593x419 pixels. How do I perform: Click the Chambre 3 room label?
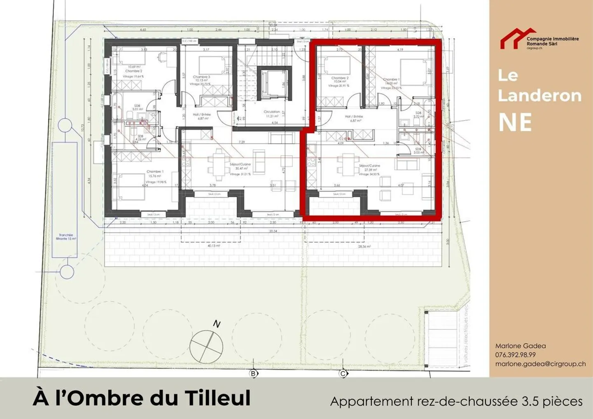pyautogui.click(x=201, y=77)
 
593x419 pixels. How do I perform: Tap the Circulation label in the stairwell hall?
pyautogui.click(x=272, y=112)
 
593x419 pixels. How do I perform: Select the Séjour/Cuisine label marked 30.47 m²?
pyautogui.click(x=240, y=164)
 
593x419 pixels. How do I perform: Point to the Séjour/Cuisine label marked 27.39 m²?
pyautogui.click(x=369, y=166)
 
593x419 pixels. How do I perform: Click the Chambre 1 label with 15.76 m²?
pyautogui.click(x=155, y=172)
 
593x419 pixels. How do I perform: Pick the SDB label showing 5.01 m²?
pyautogui.click(x=137, y=106)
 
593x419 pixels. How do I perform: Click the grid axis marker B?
pyautogui.click(x=254, y=374)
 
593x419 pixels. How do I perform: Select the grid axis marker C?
pyautogui.click(x=343, y=374)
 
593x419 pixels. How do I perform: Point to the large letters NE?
pyautogui.click(x=515, y=122)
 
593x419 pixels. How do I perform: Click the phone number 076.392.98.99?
pyautogui.click(x=515, y=355)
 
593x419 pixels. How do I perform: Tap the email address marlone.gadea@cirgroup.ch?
pyautogui.click(x=540, y=364)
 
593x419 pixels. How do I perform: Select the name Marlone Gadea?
pyautogui.click(x=520, y=346)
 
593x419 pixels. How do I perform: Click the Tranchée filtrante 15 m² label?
pyautogui.click(x=66, y=237)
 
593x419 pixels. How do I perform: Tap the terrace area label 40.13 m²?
pyautogui.click(x=213, y=246)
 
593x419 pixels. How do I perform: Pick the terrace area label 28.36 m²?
pyautogui.click(x=364, y=247)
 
